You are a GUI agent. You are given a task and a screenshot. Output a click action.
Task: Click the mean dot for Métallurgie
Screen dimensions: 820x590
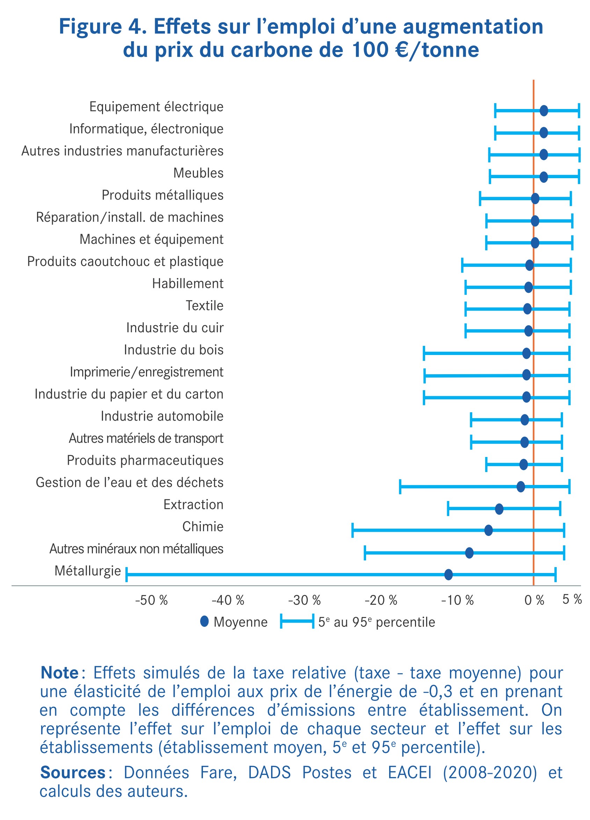tap(448, 574)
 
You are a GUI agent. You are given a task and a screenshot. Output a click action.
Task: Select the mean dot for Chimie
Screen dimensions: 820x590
tap(488, 530)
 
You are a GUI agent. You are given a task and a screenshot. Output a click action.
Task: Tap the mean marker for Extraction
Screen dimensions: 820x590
tap(499, 509)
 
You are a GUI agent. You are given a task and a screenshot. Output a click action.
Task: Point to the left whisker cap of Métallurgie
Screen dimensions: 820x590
tap(126, 574)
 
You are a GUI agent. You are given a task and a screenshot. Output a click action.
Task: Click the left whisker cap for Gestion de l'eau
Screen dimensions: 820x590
tap(400, 487)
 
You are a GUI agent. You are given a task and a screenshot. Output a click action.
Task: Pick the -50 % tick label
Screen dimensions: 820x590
tap(151, 601)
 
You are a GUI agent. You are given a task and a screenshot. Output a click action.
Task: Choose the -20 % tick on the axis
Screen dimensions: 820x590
tap(381, 601)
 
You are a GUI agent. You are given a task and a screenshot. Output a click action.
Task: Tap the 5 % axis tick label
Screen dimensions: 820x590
tap(572, 600)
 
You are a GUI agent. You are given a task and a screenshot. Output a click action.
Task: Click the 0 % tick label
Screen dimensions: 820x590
tap(534, 601)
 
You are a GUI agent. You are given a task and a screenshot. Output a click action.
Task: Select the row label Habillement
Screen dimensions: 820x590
tap(188, 283)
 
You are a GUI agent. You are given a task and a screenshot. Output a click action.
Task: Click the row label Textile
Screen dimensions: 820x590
tap(205, 305)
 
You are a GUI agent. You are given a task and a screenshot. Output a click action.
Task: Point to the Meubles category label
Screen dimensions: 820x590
tap(198, 173)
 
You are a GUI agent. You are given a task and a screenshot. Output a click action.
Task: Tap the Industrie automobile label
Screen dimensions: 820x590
tap(162, 416)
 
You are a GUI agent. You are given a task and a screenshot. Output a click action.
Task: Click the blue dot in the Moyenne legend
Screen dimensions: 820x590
tap(205, 622)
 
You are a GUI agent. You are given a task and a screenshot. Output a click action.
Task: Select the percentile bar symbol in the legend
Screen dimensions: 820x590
tap(297, 622)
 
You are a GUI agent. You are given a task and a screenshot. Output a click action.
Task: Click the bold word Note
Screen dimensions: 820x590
tap(59, 673)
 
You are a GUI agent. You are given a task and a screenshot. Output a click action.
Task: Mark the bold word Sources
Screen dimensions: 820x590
tap(73, 772)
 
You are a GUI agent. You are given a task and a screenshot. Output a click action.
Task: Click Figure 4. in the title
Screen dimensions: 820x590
tap(103, 27)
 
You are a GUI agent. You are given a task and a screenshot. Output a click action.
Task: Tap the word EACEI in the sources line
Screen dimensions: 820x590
tap(410, 772)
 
